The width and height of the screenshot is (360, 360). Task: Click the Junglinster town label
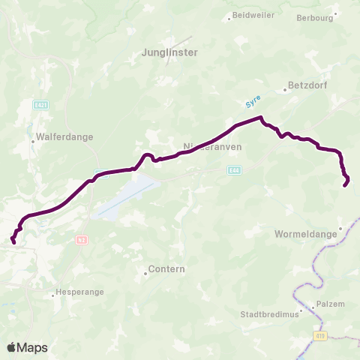click(x=169, y=52)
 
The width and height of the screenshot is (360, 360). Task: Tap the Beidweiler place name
click(x=253, y=15)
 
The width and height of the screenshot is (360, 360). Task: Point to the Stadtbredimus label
click(x=268, y=314)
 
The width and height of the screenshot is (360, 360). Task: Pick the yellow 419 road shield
click(x=321, y=336)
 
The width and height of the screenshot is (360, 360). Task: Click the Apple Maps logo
click(x=27, y=347)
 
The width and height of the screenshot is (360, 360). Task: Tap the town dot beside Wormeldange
click(x=340, y=229)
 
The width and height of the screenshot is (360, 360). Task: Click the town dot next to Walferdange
click(x=33, y=138)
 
